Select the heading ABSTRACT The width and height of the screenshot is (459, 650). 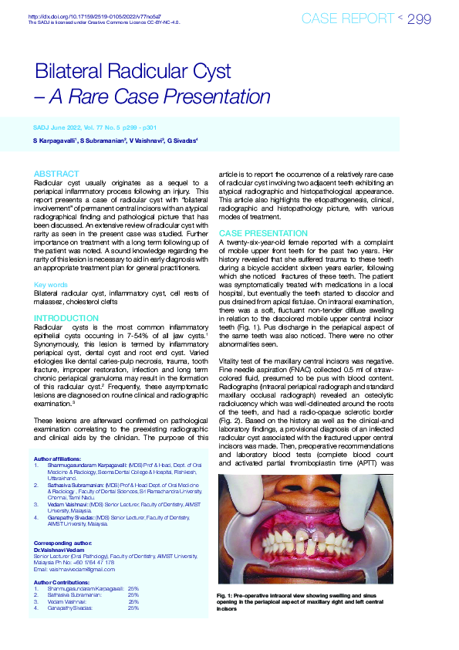[56, 174]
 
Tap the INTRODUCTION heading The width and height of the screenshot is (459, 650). [66, 318]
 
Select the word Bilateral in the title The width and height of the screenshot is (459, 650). [76, 73]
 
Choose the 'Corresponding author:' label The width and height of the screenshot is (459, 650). [63, 543]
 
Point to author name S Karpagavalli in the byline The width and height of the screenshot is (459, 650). [56, 142]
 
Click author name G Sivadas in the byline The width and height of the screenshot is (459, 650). [184, 142]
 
